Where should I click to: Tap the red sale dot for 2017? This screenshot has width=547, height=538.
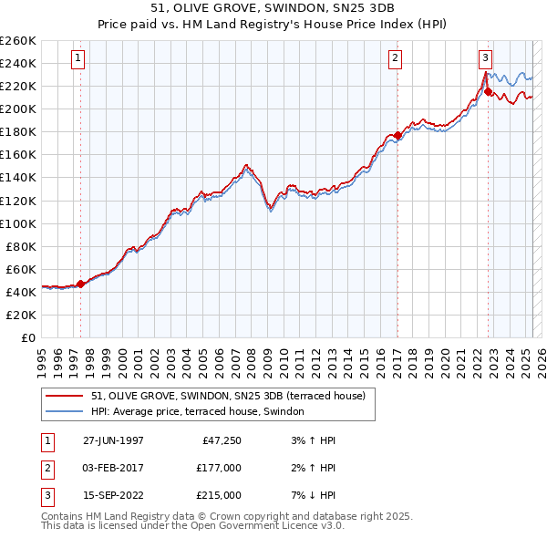click(397, 135)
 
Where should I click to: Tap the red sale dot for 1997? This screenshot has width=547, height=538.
click(80, 284)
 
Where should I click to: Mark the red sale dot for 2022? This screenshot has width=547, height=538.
click(488, 91)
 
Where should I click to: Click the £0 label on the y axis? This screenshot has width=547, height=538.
click(27, 337)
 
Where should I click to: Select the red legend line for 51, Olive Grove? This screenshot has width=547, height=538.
click(65, 396)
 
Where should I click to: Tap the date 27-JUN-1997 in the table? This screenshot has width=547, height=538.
click(113, 440)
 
